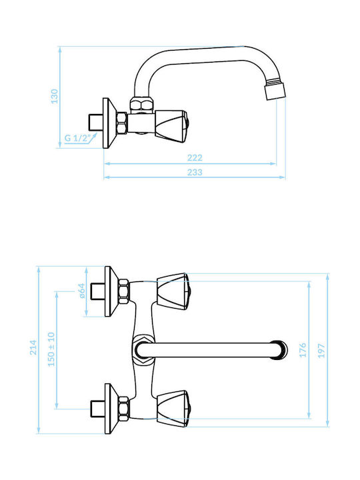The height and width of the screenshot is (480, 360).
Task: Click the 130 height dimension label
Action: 55,96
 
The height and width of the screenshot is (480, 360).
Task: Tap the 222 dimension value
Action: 195,157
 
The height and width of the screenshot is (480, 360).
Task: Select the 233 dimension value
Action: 195,173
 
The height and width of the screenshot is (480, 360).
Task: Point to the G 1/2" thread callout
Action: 77,138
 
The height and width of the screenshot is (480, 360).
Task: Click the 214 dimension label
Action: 33,347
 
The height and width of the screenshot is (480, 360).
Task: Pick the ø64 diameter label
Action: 82,291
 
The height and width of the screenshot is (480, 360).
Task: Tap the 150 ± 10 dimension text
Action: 51,349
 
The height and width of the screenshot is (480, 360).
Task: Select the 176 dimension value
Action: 303,350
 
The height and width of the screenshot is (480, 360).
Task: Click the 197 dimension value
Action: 321,351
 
